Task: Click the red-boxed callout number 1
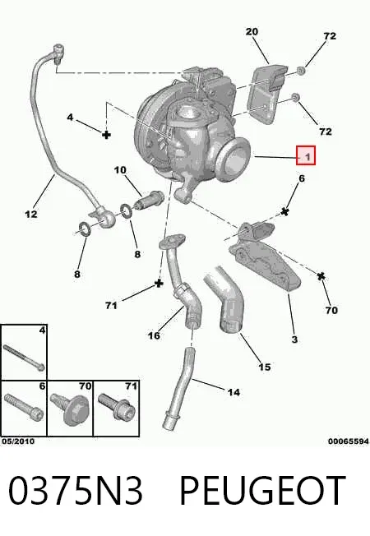point(308,157)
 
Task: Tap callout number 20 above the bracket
point(252,31)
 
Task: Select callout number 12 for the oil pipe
point(30,214)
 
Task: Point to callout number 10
point(120,170)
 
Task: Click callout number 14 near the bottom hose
point(234,392)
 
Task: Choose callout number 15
point(264,367)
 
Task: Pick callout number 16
point(154,335)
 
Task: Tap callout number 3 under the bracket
point(294,340)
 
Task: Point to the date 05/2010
point(18,441)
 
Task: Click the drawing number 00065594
point(349,441)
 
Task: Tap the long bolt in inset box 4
point(24,358)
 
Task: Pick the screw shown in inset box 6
point(24,407)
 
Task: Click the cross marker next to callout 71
point(159,283)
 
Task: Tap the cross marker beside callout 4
point(106,134)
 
